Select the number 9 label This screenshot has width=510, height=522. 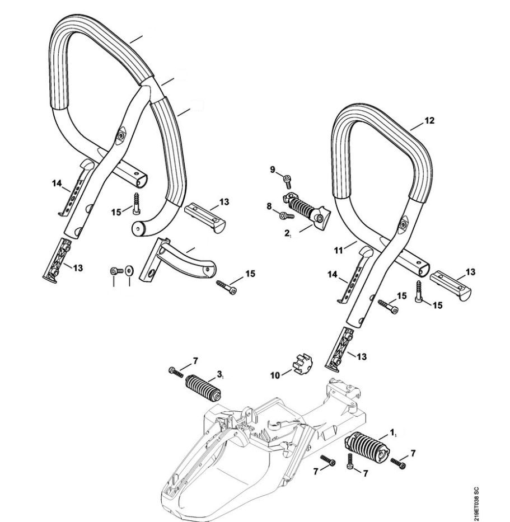pos(274,170)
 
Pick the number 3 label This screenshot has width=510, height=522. pos(220,373)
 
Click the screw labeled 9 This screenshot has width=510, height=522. pos(288,180)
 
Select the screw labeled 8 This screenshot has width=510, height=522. pos(286,215)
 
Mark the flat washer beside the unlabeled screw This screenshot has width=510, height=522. pos(129,271)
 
